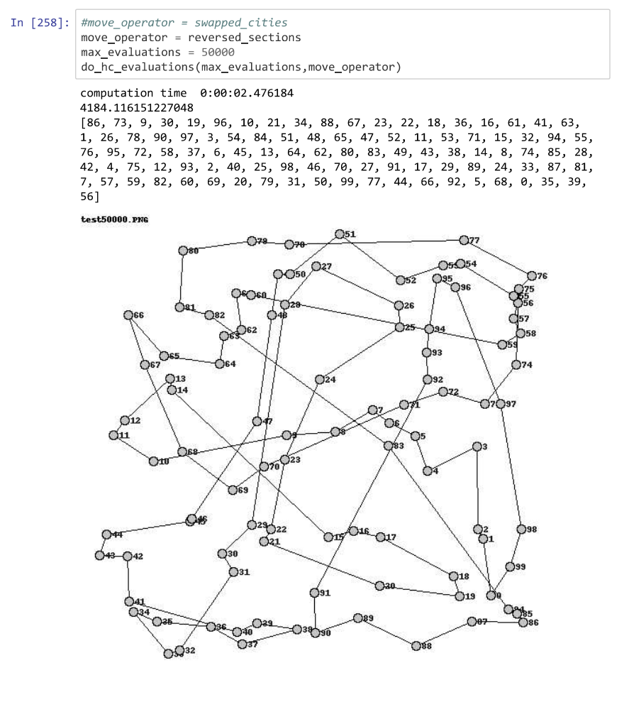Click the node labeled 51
[x=339, y=234]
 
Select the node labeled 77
[x=464, y=240]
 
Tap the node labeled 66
[x=128, y=315]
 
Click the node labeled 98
[x=521, y=529]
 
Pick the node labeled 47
[x=257, y=421]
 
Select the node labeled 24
[x=319, y=379]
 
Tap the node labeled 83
[x=388, y=445]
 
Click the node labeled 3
[x=477, y=446]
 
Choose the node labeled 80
[x=183, y=250]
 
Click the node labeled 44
[x=106, y=534]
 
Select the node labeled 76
[x=532, y=275]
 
